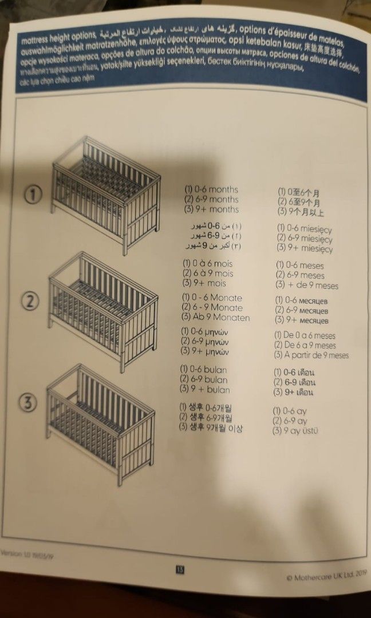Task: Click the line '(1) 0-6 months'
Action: pos(211,189)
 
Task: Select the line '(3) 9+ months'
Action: pos(211,210)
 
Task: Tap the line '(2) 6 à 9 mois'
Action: pos(208,274)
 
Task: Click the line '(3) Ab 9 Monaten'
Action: pos(215,318)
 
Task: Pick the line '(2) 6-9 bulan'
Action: pos(204,379)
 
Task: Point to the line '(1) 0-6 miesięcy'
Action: pos(304,228)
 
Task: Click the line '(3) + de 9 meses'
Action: pos(307,286)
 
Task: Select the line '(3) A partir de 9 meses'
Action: pos(311,355)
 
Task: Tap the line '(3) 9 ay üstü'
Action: pos(295,430)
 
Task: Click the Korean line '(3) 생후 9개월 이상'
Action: pos(211,427)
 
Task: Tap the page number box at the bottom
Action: pos(179,569)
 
